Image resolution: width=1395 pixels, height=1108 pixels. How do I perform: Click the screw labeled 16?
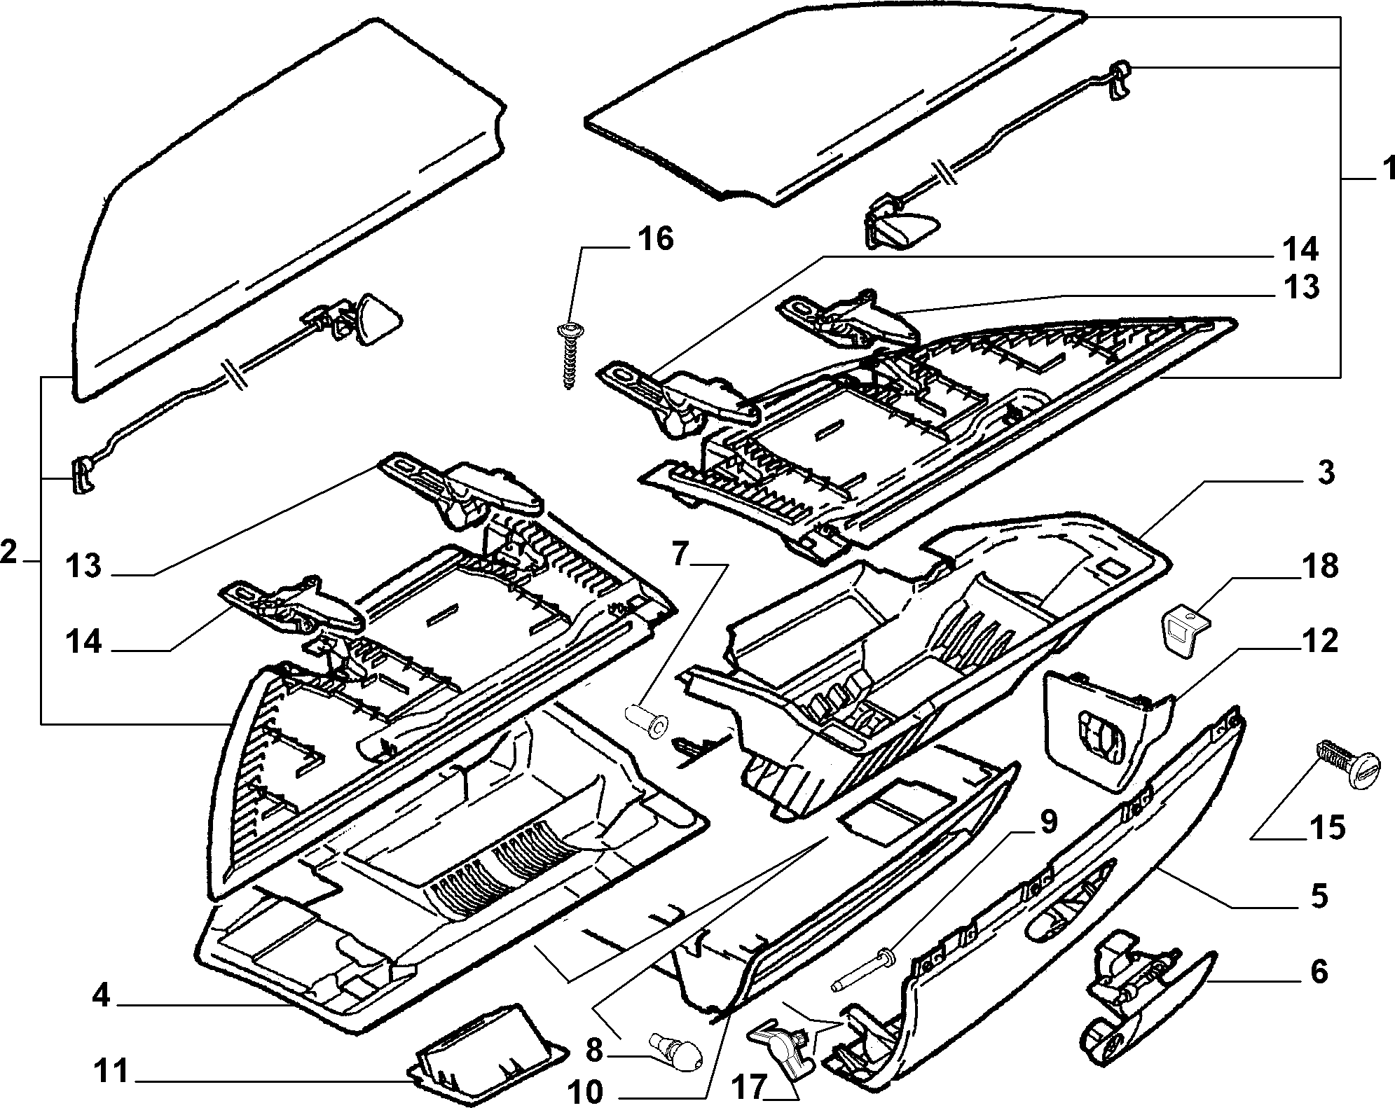coord(568,354)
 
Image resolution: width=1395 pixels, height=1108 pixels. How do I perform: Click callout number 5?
coord(1319,896)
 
